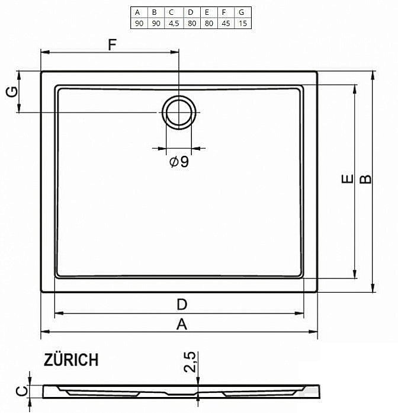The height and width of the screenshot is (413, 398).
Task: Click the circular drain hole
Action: click(178, 112)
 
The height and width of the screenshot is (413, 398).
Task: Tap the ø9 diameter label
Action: click(179, 161)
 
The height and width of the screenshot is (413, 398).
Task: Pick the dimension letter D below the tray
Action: click(182, 305)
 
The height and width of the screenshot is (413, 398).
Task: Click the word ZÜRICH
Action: click(71, 360)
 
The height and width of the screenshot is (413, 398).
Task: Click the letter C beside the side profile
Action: click(20, 391)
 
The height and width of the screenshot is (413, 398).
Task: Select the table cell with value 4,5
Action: click(172, 23)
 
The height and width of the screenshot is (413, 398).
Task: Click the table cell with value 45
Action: click(224, 23)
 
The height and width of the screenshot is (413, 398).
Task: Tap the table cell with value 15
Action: click(241, 23)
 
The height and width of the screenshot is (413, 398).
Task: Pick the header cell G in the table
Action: click(241, 12)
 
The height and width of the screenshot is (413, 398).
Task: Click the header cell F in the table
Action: click(224, 12)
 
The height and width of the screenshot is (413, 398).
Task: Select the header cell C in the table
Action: click(172, 12)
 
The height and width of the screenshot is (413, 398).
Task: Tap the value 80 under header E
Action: click(207, 23)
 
